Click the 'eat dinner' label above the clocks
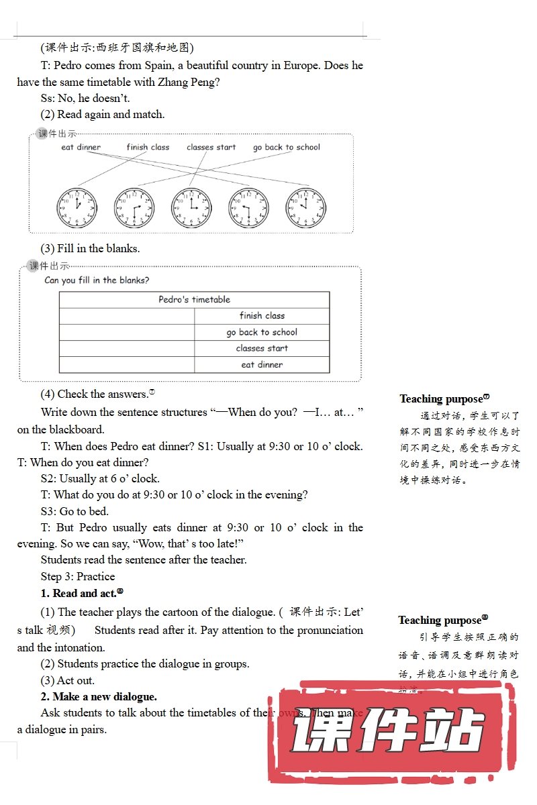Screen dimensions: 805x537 pos(81,148)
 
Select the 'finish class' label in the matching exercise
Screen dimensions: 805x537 pos(148,148)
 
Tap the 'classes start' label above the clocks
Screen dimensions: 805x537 pos(211,148)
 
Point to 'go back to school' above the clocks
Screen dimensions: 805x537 pos(287,148)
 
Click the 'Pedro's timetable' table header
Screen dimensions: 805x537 pos(194,300)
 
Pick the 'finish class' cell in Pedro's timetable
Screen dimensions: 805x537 pos(262,316)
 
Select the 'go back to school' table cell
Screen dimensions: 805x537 pos(262,332)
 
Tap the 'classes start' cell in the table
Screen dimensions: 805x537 pos(262,348)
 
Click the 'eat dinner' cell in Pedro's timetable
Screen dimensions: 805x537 pos(262,365)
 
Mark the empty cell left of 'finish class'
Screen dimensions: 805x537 pos(127,316)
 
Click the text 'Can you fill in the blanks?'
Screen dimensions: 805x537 pos(97,280)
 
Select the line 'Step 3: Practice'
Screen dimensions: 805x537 pos(78,576)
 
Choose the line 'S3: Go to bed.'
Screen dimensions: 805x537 pos(75,511)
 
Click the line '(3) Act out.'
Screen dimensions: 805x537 pos(68,680)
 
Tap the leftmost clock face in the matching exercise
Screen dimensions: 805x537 pos(77,207)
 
